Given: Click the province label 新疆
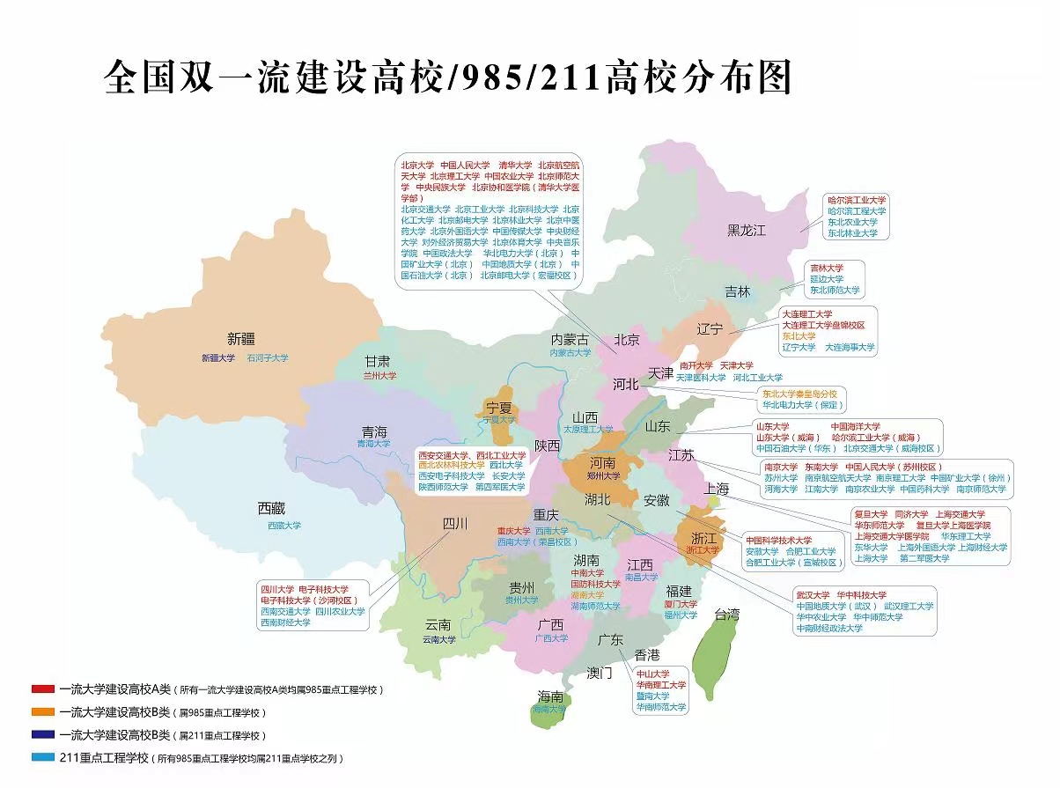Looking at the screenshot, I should click(x=241, y=338).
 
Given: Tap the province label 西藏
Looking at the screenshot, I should click(x=271, y=508).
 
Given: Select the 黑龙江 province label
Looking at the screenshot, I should click(x=747, y=231).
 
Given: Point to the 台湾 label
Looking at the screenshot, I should click(x=728, y=614).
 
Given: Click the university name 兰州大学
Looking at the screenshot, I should click(x=379, y=375).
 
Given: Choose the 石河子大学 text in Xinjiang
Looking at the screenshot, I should click(x=267, y=358).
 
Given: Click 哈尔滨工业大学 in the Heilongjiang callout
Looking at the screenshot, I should click(x=857, y=201).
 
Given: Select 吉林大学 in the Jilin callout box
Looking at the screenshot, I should click(x=826, y=268).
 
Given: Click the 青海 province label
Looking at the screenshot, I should click(x=373, y=431).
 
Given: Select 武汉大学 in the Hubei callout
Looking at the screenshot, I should click(x=813, y=594).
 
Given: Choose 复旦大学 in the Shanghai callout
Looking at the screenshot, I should click(x=872, y=514).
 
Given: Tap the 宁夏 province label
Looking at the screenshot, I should click(x=498, y=408).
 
